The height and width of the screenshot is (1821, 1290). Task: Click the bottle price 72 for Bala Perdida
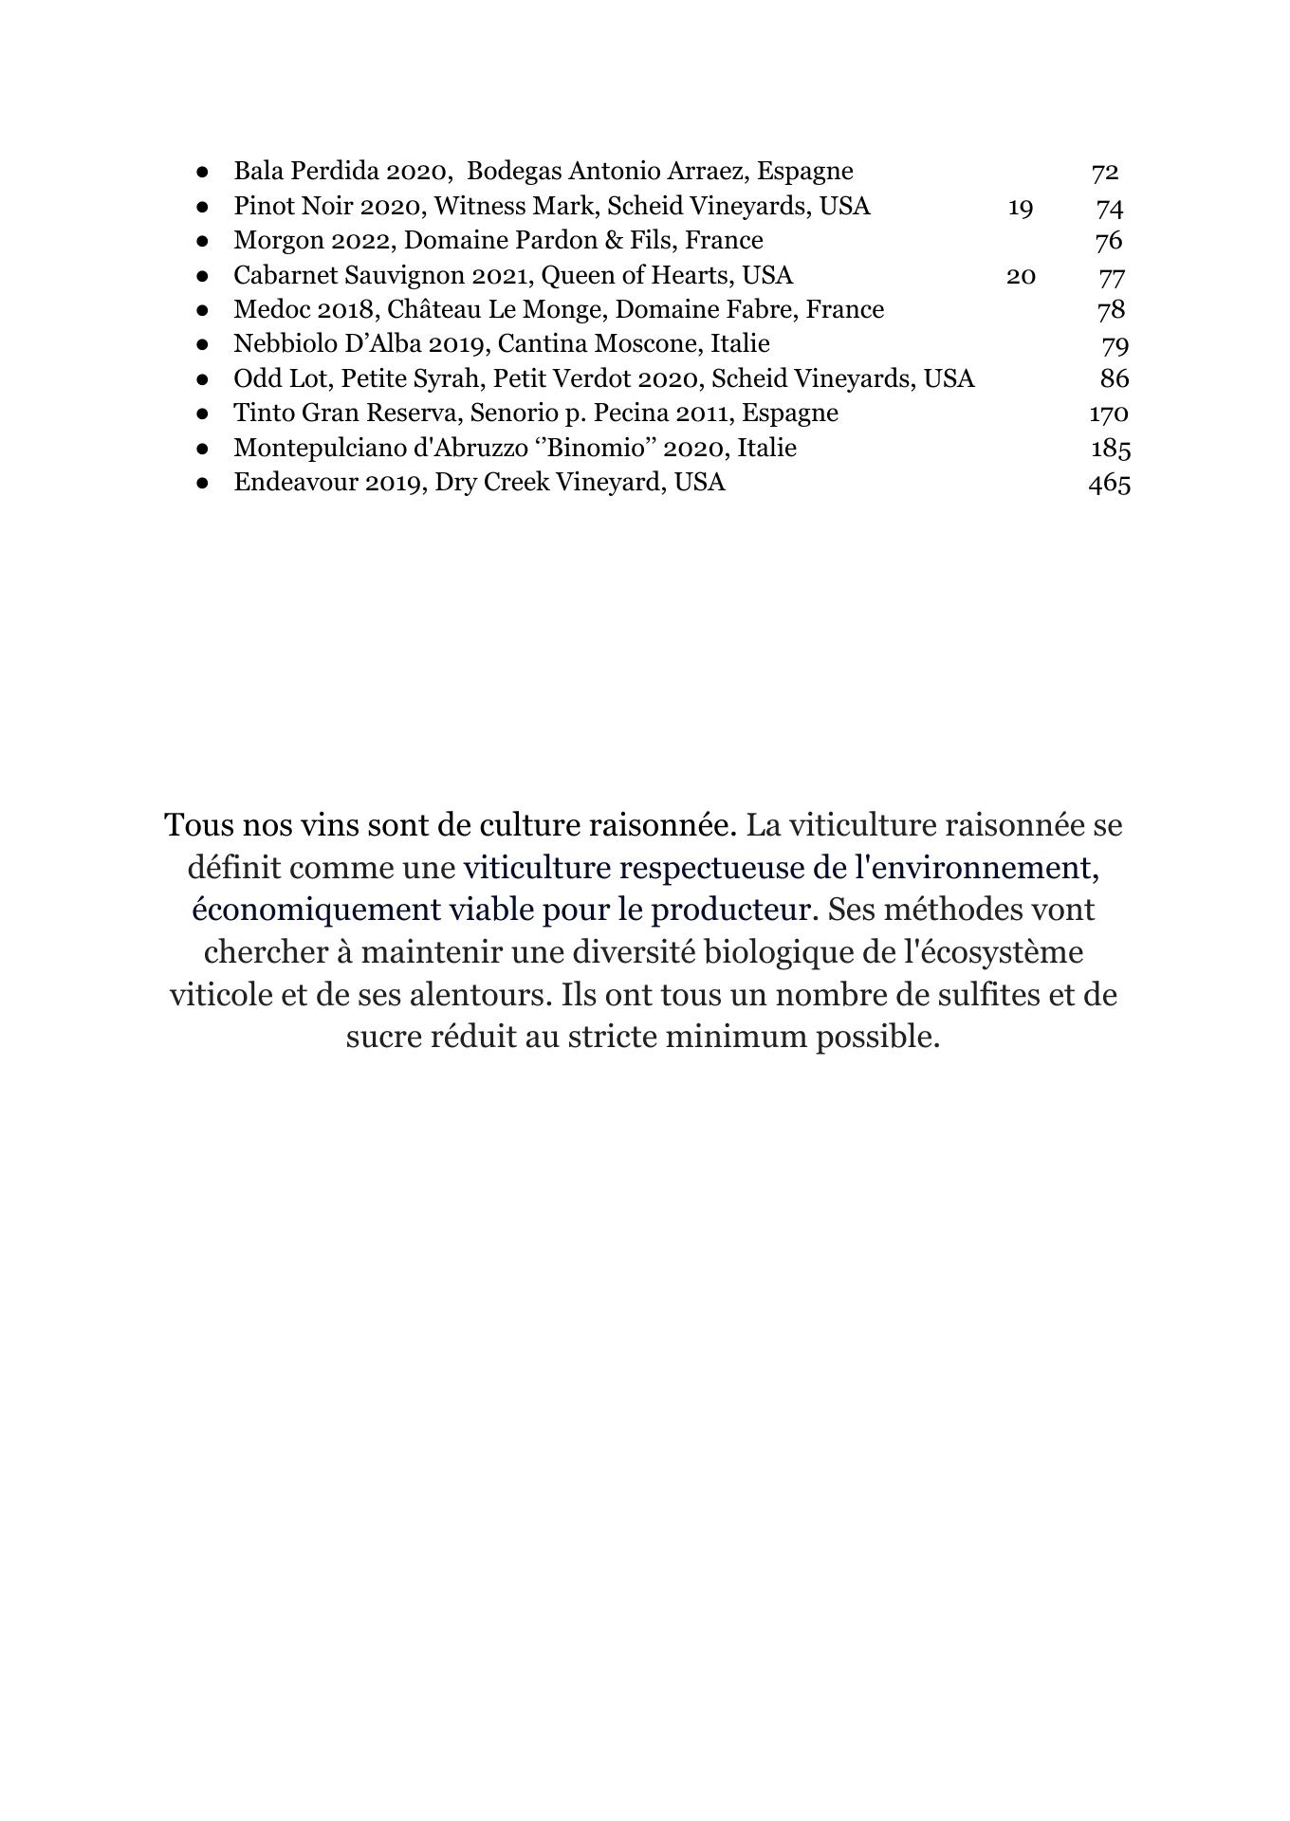click(x=1105, y=172)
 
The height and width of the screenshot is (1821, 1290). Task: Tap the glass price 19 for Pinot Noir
click(x=1020, y=207)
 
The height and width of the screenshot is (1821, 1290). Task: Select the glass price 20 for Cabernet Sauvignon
click(x=1020, y=276)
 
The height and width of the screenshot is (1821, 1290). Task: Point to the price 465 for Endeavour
click(x=1109, y=483)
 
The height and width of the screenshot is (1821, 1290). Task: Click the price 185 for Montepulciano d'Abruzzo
click(x=1110, y=448)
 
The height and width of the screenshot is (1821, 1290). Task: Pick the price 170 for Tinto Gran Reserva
click(x=1109, y=414)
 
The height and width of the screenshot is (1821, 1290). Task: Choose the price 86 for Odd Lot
click(x=1115, y=378)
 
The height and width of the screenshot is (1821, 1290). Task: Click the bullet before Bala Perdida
click(x=202, y=173)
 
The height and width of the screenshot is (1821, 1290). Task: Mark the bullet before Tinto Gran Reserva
click(x=202, y=414)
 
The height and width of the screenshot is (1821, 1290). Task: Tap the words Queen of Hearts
click(x=634, y=275)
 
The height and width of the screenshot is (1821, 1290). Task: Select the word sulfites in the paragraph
click(x=985, y=995)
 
